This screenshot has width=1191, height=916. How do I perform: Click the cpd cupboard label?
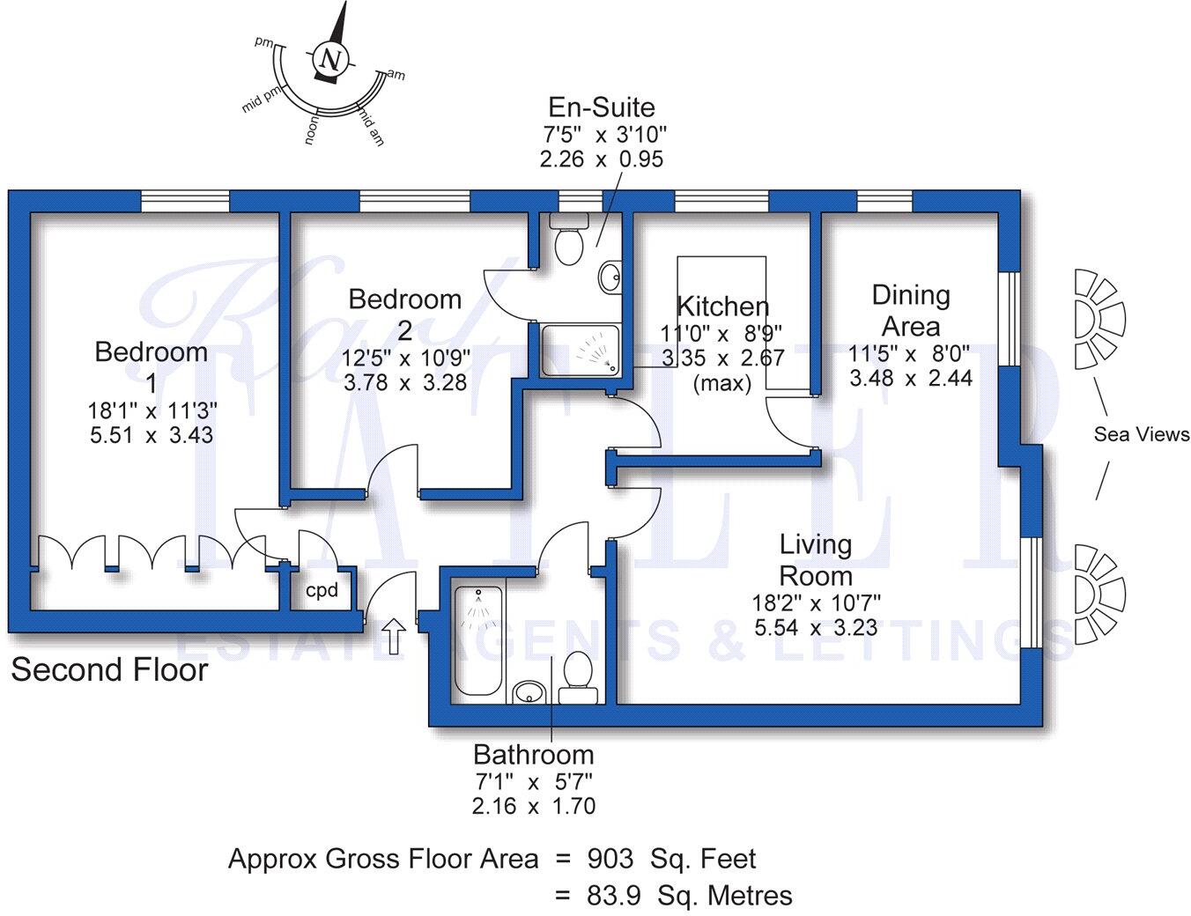click(322, 590)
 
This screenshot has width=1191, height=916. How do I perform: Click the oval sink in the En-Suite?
click(609, 278)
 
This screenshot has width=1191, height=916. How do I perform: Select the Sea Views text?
click(1141, 434)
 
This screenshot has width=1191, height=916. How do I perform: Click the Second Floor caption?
click(109, 670)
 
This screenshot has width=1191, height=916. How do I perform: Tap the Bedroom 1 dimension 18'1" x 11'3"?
click(152, 410)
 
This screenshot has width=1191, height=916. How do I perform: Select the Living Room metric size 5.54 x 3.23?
click(816, 628)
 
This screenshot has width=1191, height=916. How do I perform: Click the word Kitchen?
click(722, 307)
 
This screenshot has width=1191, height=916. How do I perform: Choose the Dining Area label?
click(910, 310)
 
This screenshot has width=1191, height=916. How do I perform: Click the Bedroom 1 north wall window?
click(186, 202)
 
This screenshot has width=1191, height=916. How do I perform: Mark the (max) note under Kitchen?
click(721, 384)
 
